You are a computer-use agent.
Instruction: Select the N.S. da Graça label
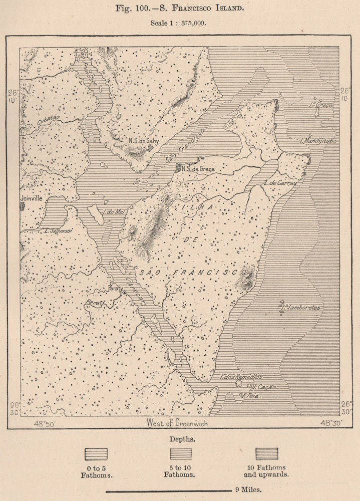pyautogui.click(x=198, y=169)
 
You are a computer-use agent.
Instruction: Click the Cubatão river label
pyautogui.click(x=48, y=118)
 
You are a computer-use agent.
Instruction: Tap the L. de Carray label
pyautogui.click(x=280, y=183)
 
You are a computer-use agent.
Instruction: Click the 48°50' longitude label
pyautogui.click(x=45, y=423)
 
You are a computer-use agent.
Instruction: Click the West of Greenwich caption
pyautogui.click(x=177, y=423)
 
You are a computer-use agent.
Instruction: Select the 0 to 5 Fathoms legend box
pyautogui.click(x=96, y=454)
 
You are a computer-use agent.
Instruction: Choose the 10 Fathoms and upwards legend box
pyautogui.click(x=267, y=454)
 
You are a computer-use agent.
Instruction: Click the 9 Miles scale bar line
pyautogui.click(x=168, y=491)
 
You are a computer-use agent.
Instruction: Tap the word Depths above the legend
pyautogui.click(x=180, y=438)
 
